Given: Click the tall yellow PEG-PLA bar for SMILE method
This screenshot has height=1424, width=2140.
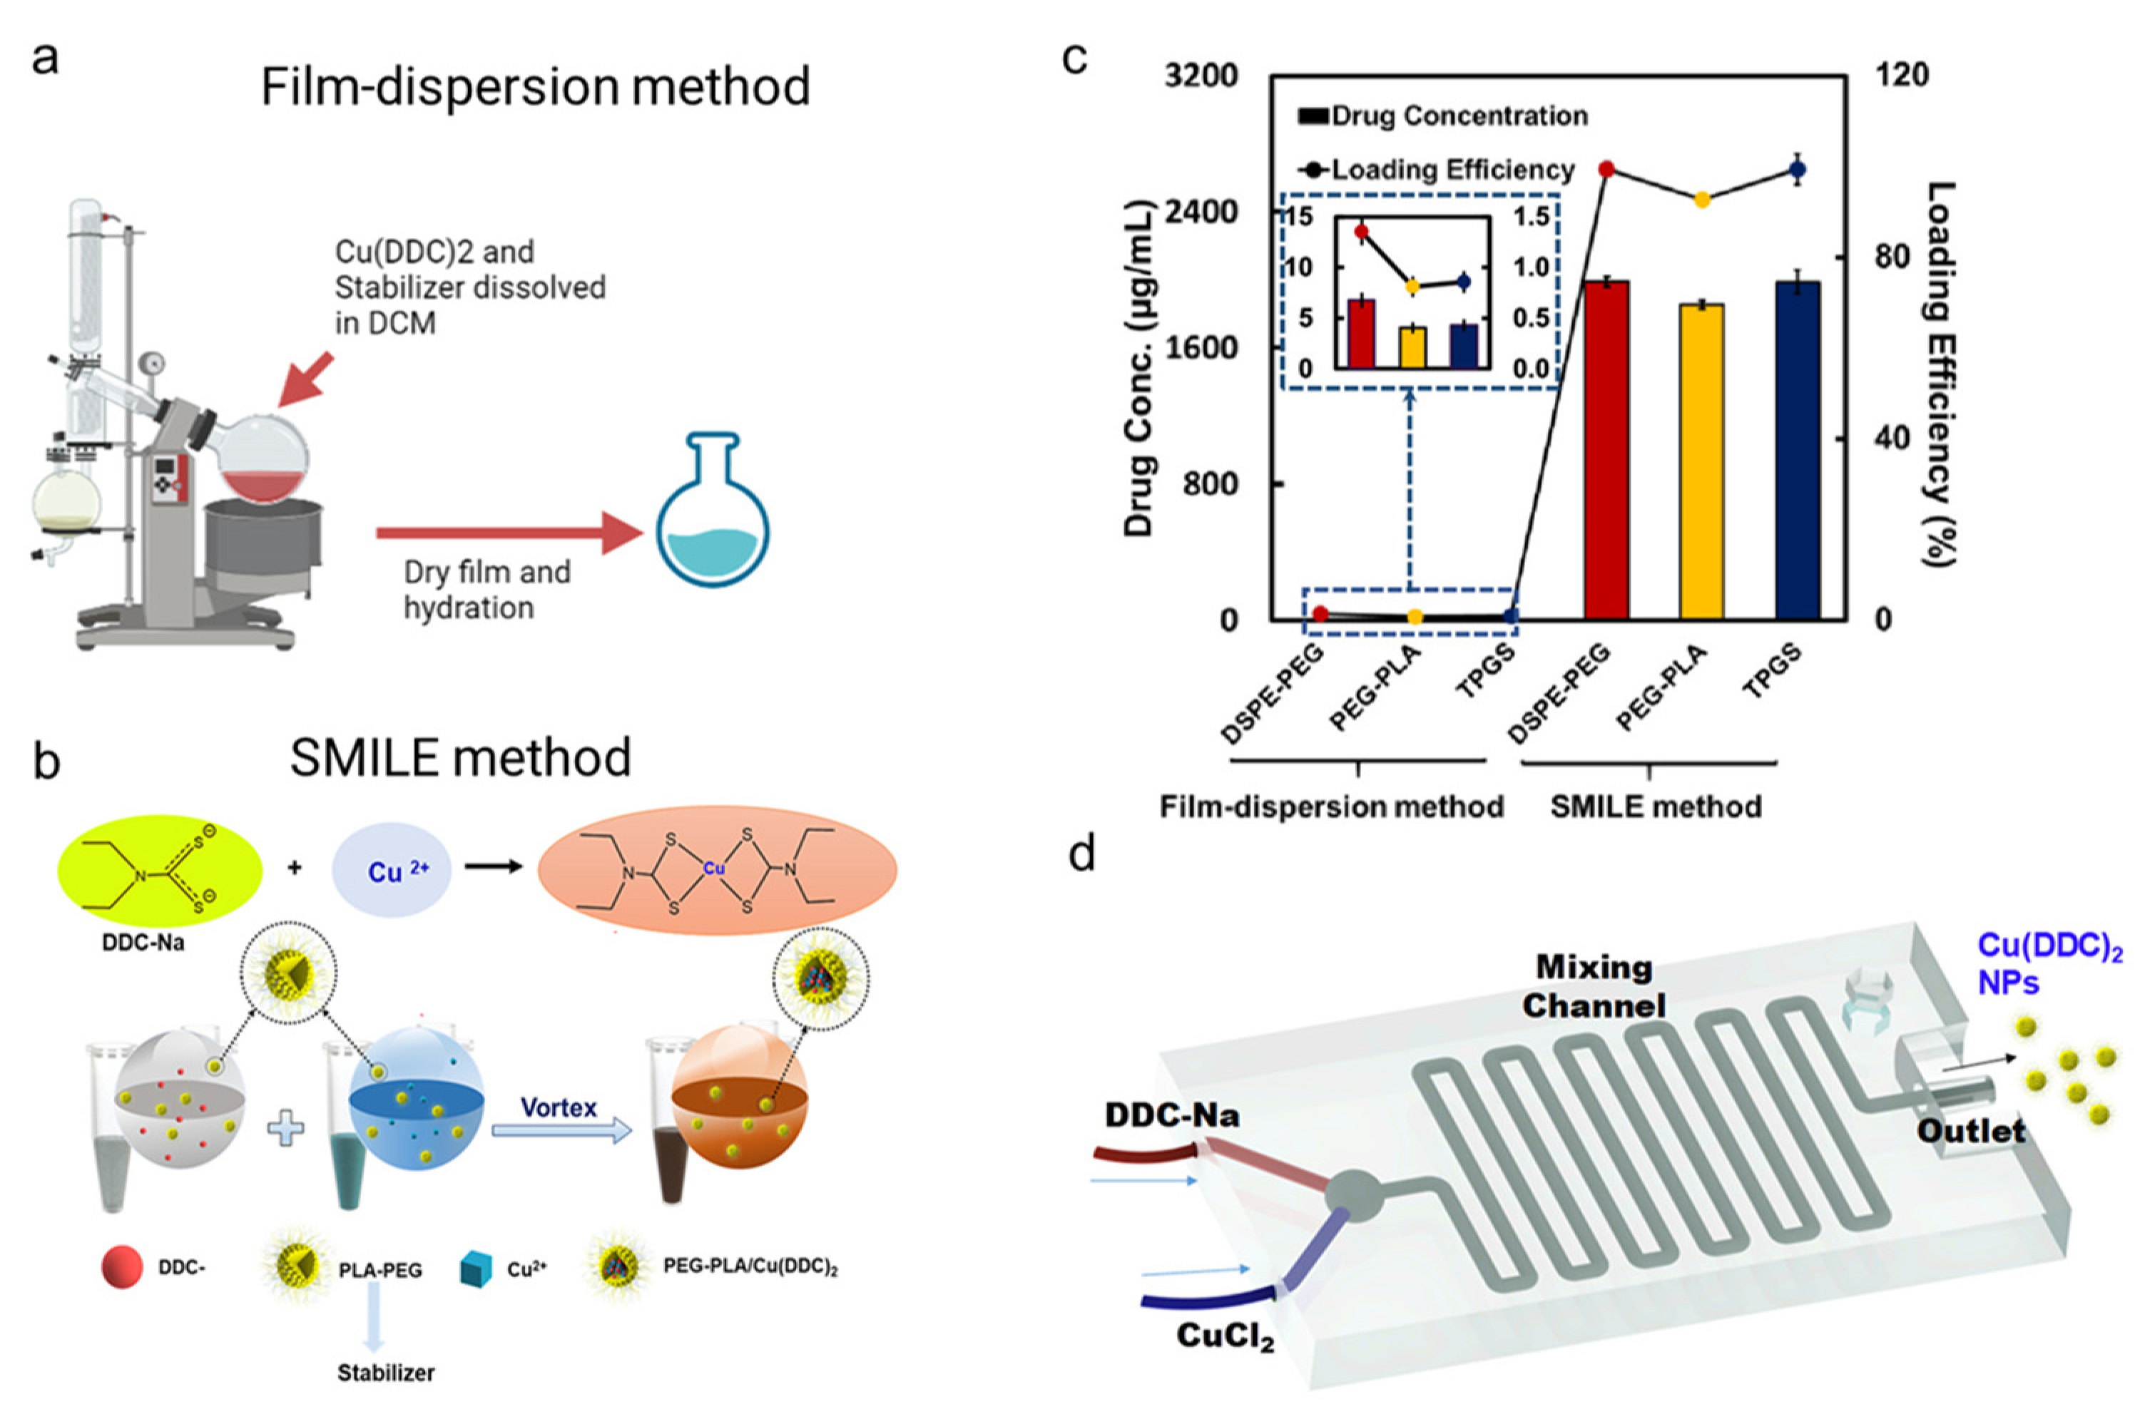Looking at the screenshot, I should tap(1701, 462).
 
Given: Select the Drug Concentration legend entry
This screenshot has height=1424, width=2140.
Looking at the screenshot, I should tap(1444, 116).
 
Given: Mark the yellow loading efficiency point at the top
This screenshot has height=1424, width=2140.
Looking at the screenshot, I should tap(1701, 200).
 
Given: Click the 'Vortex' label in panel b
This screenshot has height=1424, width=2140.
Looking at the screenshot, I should tap(559, 1108).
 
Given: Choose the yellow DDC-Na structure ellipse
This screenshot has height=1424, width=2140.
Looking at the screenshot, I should tap(160, 870).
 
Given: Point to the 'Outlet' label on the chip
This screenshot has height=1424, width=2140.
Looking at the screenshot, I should tap(1970, 1132).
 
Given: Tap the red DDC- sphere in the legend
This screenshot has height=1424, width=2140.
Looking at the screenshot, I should tap(122, 1268).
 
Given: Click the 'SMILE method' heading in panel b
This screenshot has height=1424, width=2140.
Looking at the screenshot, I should tap(459, 758).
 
